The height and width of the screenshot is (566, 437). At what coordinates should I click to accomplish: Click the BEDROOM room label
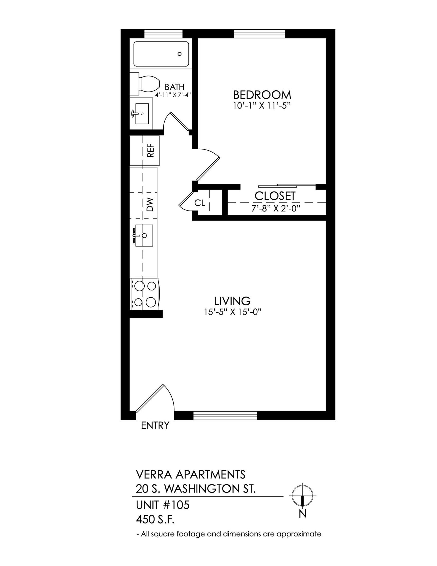point(262,95)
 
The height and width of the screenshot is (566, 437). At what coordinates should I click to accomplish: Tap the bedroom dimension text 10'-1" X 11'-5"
point(262,106)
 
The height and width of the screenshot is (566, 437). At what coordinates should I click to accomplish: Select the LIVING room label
point(232,301)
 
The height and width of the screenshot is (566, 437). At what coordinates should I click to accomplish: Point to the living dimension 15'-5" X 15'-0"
point(232,312)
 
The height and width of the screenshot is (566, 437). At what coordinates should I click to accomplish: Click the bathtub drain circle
point(179,54)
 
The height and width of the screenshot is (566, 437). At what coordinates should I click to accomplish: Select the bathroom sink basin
point(142,114)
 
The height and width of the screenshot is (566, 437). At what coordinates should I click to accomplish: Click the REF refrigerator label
point(150,151)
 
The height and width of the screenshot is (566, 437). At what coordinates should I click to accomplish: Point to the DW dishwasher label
point(150,205)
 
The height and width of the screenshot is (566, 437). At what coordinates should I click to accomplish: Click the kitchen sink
point(144,235)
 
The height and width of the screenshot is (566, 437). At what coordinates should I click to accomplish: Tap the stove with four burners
point(144,294)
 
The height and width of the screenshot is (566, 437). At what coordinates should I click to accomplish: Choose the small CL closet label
point(200,203)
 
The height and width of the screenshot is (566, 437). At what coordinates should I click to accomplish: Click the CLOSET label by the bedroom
point(275,196)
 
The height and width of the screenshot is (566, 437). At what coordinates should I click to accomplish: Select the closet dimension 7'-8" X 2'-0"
point(276,208)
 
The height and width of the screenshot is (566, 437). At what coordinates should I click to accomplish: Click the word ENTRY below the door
point(155,426)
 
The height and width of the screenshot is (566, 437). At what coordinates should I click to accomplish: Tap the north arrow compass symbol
point(303,496)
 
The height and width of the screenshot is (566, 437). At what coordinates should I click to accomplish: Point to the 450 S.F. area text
point(155,520)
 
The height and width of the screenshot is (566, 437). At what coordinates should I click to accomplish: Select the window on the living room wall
point(225,416)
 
